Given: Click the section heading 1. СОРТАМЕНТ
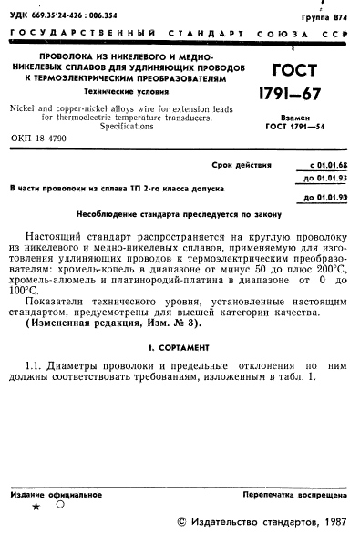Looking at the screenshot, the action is click(x=179, y=347).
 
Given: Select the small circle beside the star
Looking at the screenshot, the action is click(x=59, y=503).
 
